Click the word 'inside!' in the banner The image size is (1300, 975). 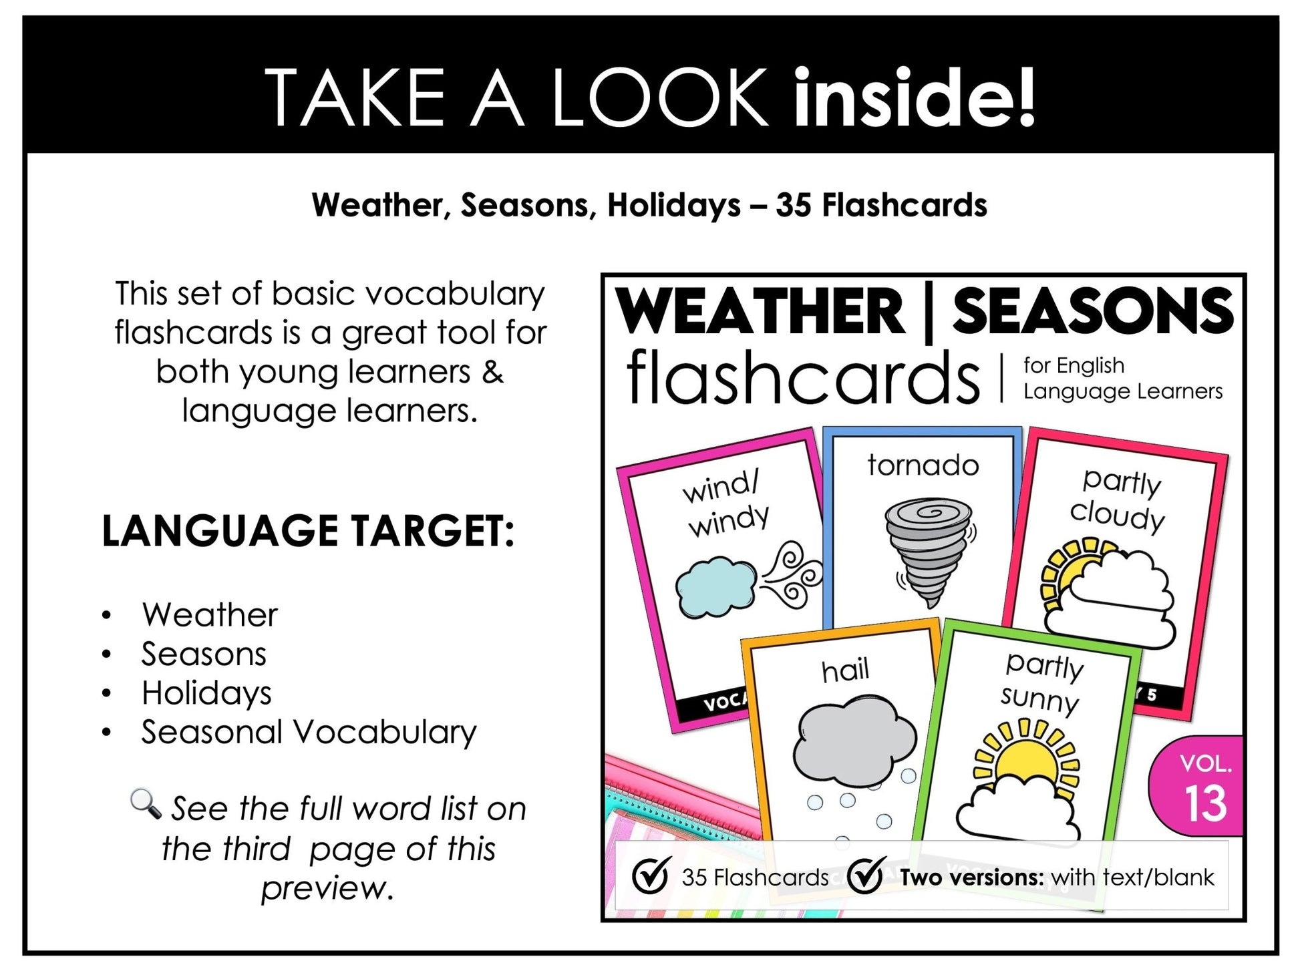pos(914,97)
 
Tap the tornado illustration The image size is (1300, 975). pos(928,549)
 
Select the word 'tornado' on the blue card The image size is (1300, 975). pos(923,465)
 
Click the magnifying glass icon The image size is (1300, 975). pos(146,803)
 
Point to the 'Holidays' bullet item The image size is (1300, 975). pos(206,693)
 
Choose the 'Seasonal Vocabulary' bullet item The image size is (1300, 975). pos(309,732)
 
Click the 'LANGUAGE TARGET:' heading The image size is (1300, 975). pos(308,531)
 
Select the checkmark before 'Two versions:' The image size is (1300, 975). pos(866,875)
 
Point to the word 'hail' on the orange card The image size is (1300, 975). pos(845,670)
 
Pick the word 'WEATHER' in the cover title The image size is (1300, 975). pos(759,311)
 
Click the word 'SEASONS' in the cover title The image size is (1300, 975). pos(1093,311)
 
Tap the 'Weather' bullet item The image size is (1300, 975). pos(209,615)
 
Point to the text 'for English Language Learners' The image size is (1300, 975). pos(1122,378)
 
